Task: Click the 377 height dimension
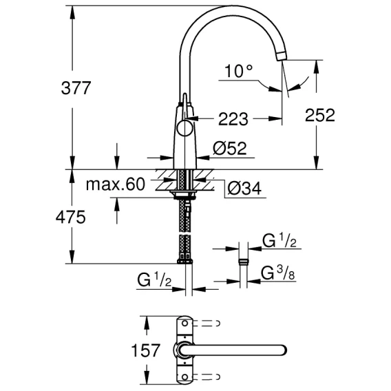pos(76,88)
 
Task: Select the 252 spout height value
pos(320,115)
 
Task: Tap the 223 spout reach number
pos(233,119)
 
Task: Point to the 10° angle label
pos(238,71)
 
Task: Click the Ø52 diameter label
pos(230,148)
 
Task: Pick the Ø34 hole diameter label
pos(244,188)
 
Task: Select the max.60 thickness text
pos(115,184)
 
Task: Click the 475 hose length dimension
pos(71,217)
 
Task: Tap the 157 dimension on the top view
pos(145,350)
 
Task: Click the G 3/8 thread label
pos(278,273)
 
